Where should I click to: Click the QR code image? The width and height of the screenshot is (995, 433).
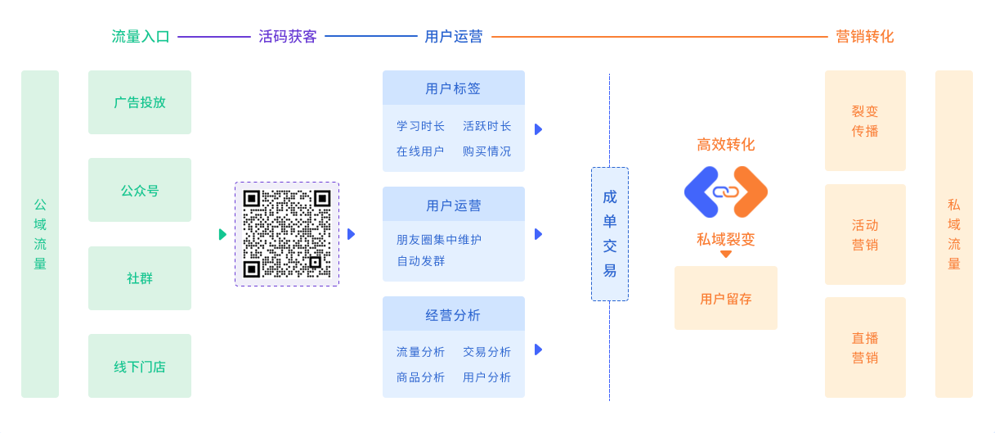click(287, 234)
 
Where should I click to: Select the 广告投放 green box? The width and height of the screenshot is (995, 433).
click(140, 102)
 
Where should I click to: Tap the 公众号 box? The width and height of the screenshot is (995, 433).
click(140, 190)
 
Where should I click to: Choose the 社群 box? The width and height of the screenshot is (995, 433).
click(140, 278)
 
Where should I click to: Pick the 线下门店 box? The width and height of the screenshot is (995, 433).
click(140, 366)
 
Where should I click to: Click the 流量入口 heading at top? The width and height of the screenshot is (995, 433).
click(141, 37)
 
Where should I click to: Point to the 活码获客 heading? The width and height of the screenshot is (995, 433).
click(288, 37)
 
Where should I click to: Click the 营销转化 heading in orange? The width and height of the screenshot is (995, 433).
click(864, 37)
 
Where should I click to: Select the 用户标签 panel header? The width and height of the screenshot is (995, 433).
click(454, 88)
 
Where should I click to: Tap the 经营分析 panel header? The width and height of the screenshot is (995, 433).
click(454, 314)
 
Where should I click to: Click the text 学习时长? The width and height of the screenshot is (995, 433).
click(421, 126)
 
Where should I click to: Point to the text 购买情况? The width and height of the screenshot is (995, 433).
click(486, 151)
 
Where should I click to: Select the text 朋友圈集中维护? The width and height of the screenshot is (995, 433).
click(439, 240)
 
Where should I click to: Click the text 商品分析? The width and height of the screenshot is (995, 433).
click(421, 377)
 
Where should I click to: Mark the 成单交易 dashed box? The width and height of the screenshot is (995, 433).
click(610, 234)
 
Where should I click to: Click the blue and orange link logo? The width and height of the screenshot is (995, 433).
click(726, 192)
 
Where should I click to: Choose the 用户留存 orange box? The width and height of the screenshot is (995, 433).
click(726, 299)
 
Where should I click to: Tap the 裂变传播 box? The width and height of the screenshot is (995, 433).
click(865, 121)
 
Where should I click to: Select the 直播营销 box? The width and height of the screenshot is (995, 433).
click(865, 348)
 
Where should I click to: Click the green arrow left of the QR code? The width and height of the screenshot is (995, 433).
click(222, 235)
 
